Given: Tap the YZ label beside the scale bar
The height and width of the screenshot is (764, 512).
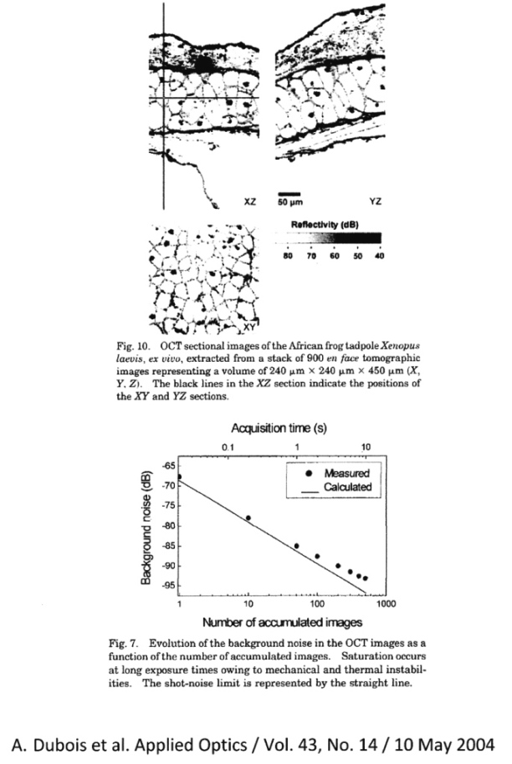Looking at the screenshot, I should click(374, 201).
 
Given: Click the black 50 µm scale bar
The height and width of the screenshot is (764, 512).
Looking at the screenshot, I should click(289, 193).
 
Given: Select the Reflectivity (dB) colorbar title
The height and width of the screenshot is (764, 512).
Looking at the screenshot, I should click(329, 225).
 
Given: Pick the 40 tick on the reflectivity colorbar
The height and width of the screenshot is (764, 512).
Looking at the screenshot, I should click(379, 254).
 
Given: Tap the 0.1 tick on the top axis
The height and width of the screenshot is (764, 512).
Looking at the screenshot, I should click(227, 448).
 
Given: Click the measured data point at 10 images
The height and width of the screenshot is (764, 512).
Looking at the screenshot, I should click(248, 518).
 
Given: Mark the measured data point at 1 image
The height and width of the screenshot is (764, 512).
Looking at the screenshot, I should click(179, 476).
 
